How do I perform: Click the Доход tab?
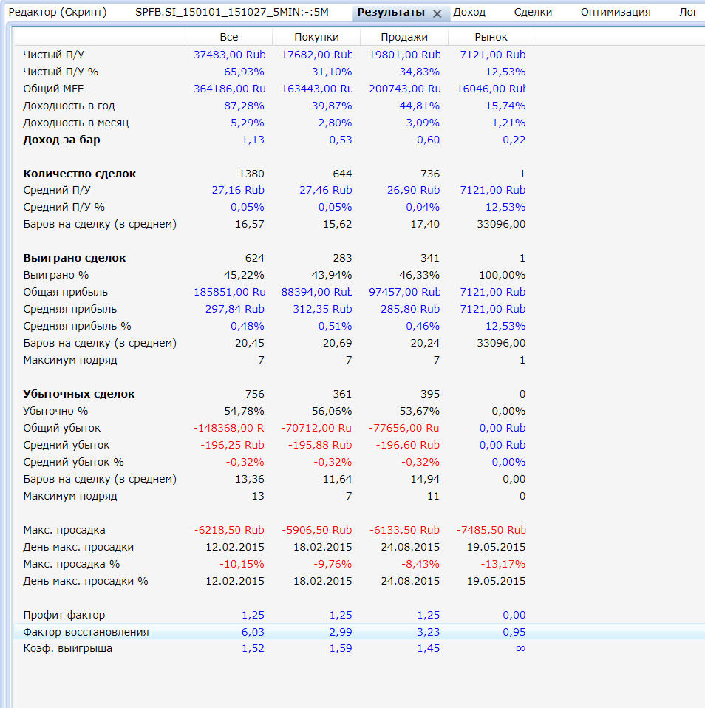469,12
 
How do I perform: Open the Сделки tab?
533,12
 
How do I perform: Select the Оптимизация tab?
615,12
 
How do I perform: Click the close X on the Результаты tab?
437,13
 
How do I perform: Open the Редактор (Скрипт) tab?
57,12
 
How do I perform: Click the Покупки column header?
316,37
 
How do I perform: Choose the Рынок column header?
491,37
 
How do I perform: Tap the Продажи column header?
404,37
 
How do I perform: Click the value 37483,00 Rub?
229,55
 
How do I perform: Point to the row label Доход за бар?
61,140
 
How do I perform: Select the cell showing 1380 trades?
251,174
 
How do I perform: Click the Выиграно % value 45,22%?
245,275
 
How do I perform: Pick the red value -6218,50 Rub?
229,530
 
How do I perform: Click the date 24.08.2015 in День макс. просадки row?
409,547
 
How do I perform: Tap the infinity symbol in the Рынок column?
520,648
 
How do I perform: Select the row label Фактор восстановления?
86,632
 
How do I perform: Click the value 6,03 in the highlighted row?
253,632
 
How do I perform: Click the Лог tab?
688,12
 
